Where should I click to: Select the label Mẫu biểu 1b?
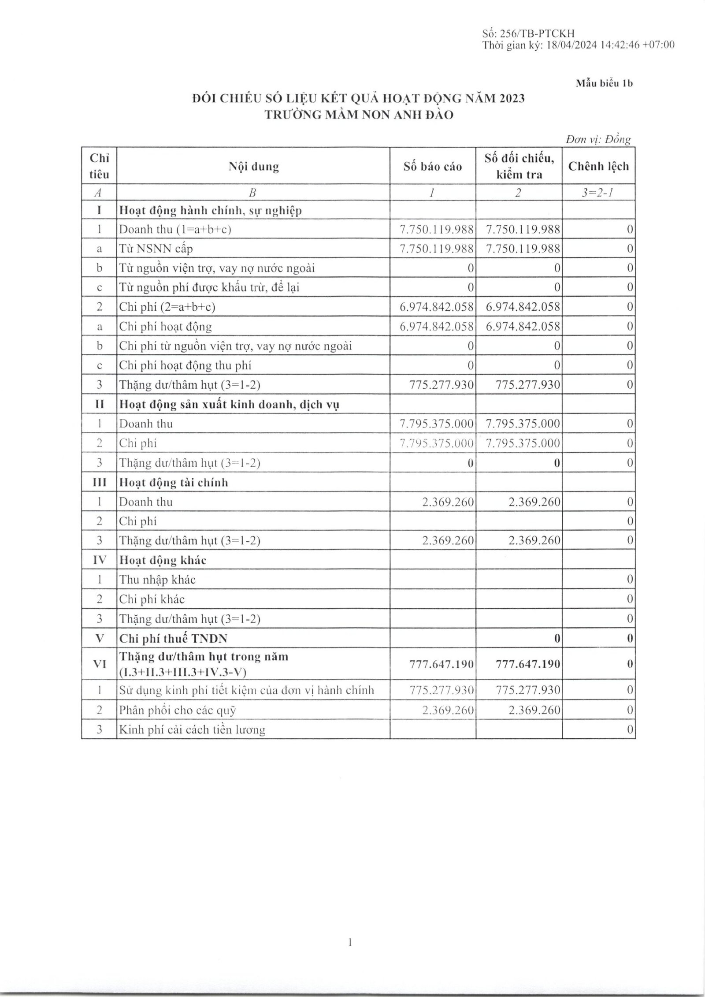point(605,83)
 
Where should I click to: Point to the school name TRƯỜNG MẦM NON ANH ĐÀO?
point(359,115)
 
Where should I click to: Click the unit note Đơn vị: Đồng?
point(598,140)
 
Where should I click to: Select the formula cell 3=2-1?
point(598,192)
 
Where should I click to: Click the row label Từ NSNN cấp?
point(156,249)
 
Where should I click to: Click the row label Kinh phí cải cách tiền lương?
point(192,730)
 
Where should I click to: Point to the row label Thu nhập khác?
point(157,580)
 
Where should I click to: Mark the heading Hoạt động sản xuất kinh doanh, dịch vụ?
point(229,404)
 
